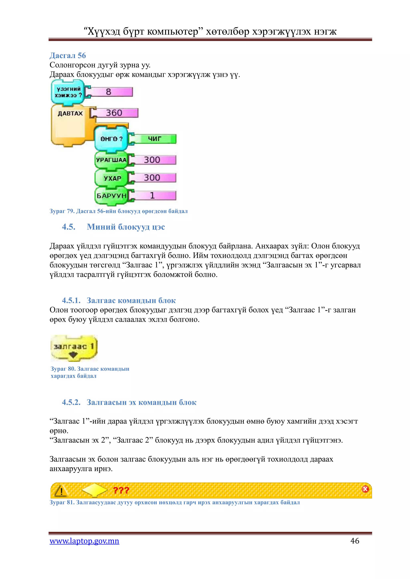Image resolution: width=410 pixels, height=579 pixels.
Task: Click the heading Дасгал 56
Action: [68, 55]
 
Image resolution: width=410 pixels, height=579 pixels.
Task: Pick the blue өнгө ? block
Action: [111, 139]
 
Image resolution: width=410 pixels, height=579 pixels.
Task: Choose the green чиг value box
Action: [154, 139]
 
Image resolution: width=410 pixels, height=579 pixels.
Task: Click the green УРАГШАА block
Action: [111, 160]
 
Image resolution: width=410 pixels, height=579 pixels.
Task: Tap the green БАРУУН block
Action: [111, 196]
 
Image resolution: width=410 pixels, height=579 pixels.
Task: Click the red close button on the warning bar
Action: [365, 489]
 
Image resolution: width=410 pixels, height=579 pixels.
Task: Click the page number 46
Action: [355, 541]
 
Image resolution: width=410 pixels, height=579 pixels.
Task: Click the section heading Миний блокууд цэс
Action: [126, 227]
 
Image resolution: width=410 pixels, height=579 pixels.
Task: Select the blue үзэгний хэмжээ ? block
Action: [68, 92]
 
